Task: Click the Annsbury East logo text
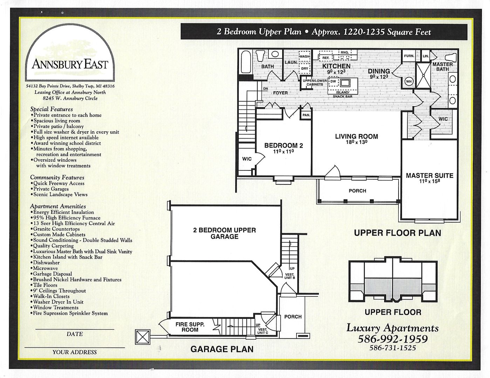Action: point(70,64)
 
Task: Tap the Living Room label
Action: point(356,136)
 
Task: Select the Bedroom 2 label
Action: point(284,146)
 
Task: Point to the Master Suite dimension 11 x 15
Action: point(430,181)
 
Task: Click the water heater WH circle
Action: point(409,81)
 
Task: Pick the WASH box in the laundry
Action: point(305,56)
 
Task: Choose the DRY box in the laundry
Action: point(305,69)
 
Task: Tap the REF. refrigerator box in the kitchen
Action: point(326,58)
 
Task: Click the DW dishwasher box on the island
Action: point(333,82)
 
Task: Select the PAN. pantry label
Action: point(306,115)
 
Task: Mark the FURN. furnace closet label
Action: point(409,56)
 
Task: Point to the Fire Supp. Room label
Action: point(190,327)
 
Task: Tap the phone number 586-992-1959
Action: point(393,338)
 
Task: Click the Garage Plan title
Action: point(222,349)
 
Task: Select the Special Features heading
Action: point(52,109)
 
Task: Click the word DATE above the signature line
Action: point(75,334)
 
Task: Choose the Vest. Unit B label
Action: point(290,276)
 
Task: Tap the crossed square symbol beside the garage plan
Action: point(143,337)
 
